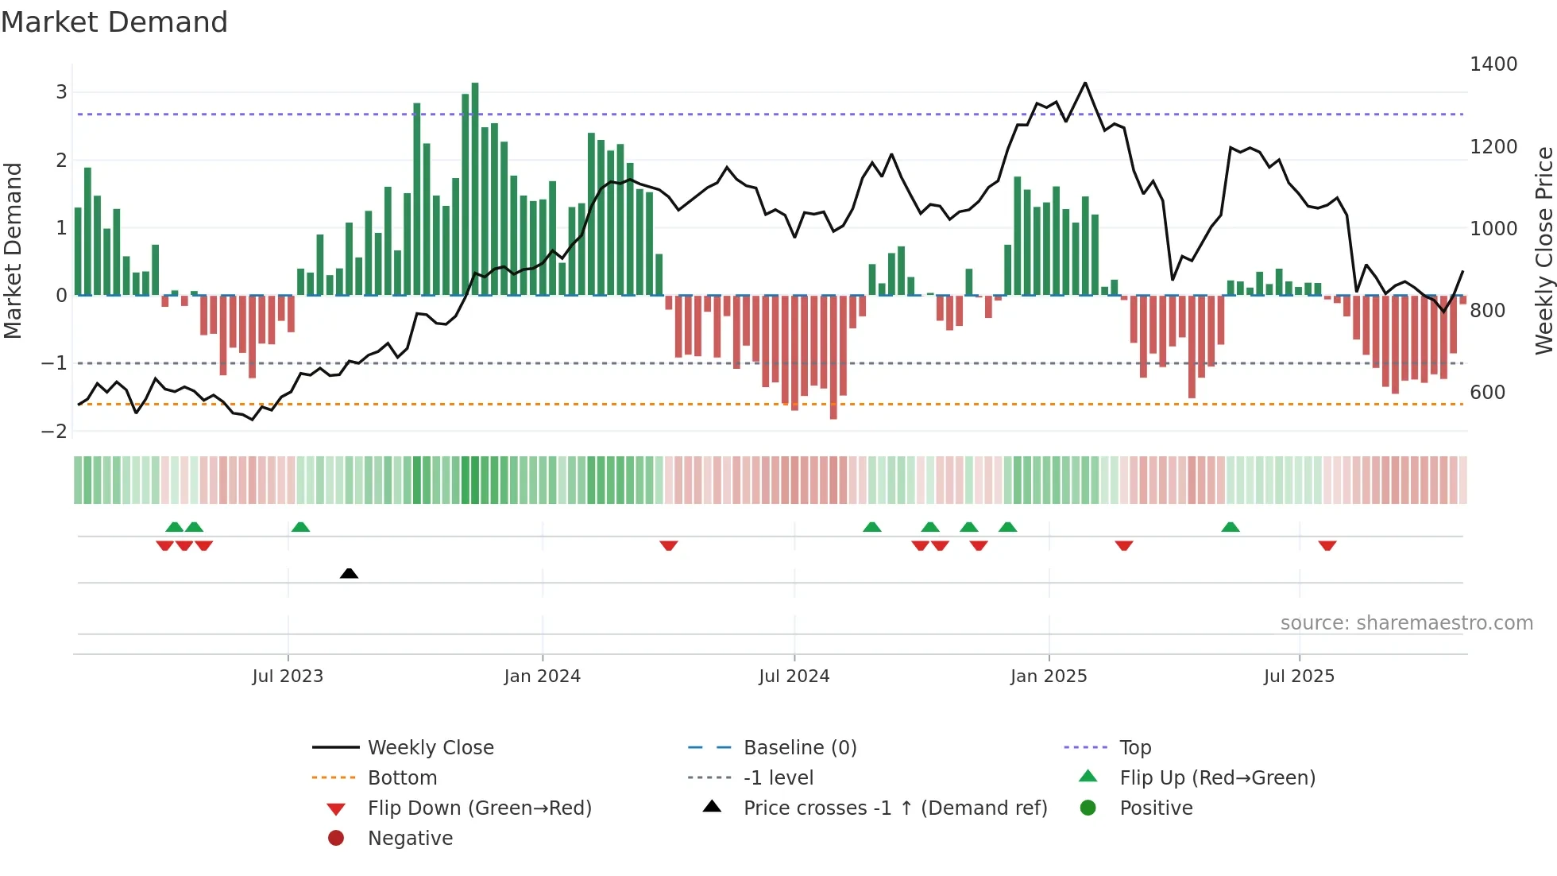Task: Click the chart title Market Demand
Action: click(114, 22)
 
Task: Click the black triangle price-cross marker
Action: click(349, 573)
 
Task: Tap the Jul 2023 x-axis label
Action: click(288, 676)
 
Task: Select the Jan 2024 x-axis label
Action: click(543, 676)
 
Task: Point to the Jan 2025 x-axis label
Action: click(1049, 676)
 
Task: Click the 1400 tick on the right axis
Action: click(1493, 64)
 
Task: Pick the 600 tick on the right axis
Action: click(1487, 393)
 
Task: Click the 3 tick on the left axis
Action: click(61, 92)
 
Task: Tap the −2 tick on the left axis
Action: click(55, 432)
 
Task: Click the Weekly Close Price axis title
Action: click(1543, 250)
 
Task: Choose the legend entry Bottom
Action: click(402, 778)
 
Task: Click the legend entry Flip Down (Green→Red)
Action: click(479, 808)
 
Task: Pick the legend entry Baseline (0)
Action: click(800, 748)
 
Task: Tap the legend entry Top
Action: click(1135, 748)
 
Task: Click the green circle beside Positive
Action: click(1088, 808)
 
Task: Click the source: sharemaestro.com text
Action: click(1406, 623)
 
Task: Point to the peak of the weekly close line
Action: click(1085, 83)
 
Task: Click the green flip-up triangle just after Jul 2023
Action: click(300, 527)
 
